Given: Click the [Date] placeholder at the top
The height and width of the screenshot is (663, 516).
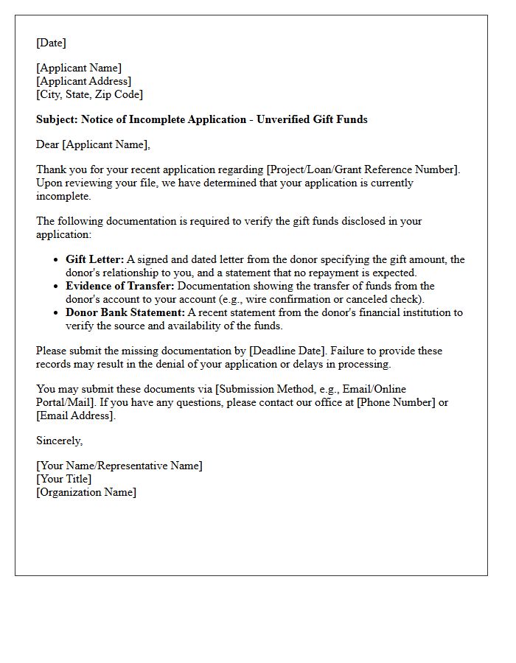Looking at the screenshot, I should pyautogui.click(x=51, y=43).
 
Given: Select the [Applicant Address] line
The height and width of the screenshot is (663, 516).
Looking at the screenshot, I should pyautogui.click(x=83, y=81).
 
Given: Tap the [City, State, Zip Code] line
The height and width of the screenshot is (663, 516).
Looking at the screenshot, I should pyautogui.click(x=89, y=94).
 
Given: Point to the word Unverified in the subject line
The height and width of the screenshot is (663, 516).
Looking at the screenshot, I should pyautogui.click(x=283, y=119).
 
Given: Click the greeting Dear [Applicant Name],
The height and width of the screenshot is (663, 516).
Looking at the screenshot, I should pyautogui.click(x=93, y=144).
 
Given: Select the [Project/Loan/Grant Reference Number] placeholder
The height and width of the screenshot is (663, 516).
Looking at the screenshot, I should pyautogui.click(x=360, y=169).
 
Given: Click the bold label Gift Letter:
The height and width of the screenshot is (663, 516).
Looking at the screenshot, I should pyautogui.click(x=95, y=259).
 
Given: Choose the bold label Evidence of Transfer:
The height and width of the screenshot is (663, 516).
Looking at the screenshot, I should pyautogui.click(x=120, y=286).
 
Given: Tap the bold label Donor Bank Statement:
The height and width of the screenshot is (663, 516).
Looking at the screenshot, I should pyautogui.click(x=125, y=312).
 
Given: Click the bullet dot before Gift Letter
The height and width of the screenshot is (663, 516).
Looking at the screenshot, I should pyautogui.click(x=57, y=260).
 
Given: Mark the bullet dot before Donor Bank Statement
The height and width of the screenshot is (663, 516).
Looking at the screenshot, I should pyautogui.click(x=57, y=313).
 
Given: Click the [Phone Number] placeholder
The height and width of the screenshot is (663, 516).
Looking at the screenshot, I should pyautogui.click(x=397, y=402).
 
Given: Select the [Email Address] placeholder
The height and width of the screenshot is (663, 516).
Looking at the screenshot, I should pyautogui.click(x=76, y=415).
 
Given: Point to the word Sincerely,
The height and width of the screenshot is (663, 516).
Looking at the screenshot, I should pyautogui.click(x=60, y=441).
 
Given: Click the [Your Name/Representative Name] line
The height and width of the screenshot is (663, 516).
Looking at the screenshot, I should pyautogui.click(x=119, y=466).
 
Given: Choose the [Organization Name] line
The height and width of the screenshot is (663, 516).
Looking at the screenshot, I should pyautogui.click(x=86, y=492).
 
